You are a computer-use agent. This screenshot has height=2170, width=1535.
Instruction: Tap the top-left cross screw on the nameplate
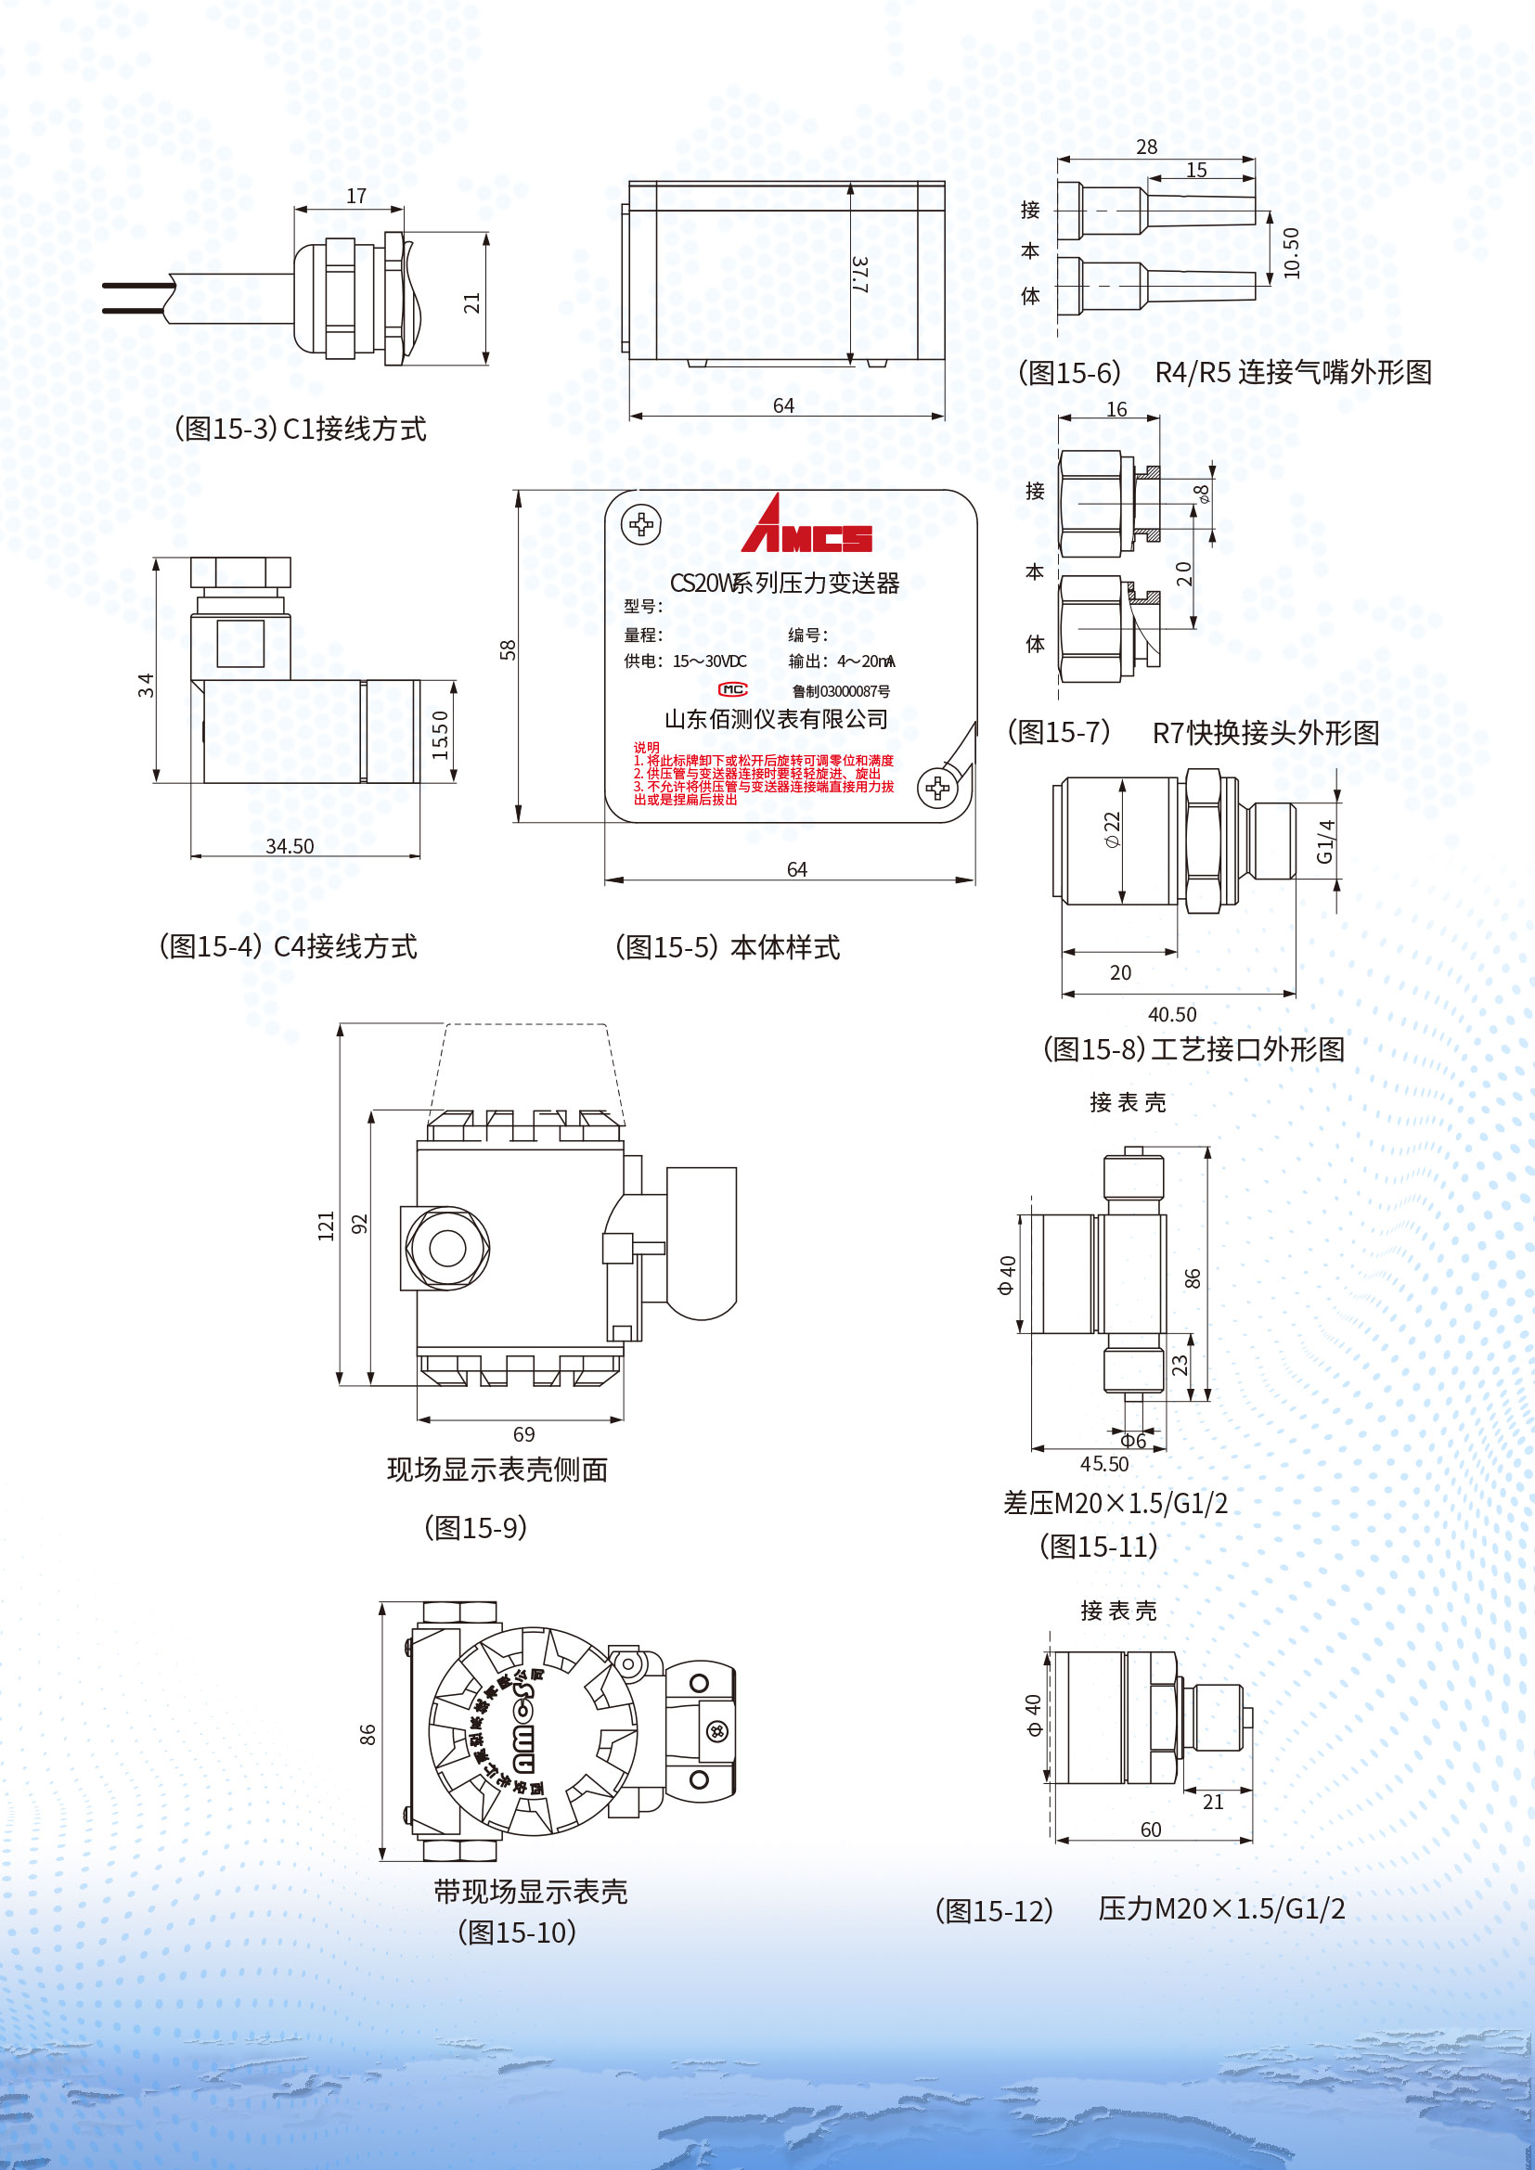pyautogui.click(x=641, y=524)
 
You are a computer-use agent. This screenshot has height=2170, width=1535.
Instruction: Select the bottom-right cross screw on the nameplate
pyautogui.click(x=937, y=788)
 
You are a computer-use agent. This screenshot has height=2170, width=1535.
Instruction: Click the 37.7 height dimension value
pyautogui.click(x=859, y=274)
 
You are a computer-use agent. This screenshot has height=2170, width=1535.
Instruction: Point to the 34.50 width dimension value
pyautogui.click(x=290, y=846)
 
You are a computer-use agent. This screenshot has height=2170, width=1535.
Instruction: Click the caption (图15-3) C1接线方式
pyautogui.click(x=301, y=430)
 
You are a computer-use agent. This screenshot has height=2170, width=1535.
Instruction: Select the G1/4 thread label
pyautogui.click(x=1325, y=841)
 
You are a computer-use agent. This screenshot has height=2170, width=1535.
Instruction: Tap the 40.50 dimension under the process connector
pyautogui.click(x=1172, y=1014)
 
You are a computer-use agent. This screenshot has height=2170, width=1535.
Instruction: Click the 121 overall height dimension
pyautogui.click(x=326, y=1226)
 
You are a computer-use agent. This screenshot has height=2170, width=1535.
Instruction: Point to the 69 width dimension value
pyautogui.click(x=523, y=1433)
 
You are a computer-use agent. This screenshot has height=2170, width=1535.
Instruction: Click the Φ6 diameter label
pyautogui.click(x=1133, y=1441)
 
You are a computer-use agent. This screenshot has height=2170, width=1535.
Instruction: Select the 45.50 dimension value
pyautogui.click(x=1104, y=1464)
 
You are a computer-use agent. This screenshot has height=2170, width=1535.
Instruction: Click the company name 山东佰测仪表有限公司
pyautogui.click(x=776, y=719)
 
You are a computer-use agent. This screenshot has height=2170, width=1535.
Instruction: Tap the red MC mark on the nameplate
pyautogui.click(x=732, y=690)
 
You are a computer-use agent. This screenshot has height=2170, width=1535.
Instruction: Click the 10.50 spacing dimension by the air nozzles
pyautogui.click(x=1292, y=252)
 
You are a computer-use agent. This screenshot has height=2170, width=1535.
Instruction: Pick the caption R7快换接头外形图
pyautogui.click(x=1265, y=733)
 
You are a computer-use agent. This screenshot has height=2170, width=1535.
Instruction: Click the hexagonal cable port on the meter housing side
pyautogui.click(x=447, y=1248)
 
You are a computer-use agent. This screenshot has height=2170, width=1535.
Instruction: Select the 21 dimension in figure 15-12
pyautogui.click(x=1213, y=1802)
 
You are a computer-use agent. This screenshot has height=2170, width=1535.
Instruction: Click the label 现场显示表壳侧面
pyautogui.click(x=497, y=1470)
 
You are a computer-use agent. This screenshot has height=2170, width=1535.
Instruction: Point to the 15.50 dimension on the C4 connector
pyautogui.click(x=440, y=735)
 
